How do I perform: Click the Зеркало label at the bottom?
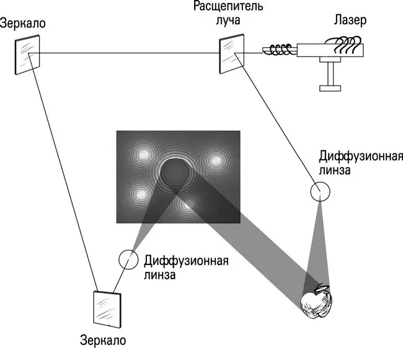103,340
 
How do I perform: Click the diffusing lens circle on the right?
321,192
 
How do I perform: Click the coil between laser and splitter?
279,49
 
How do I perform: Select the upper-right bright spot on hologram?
216,160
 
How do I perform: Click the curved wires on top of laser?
343,43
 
